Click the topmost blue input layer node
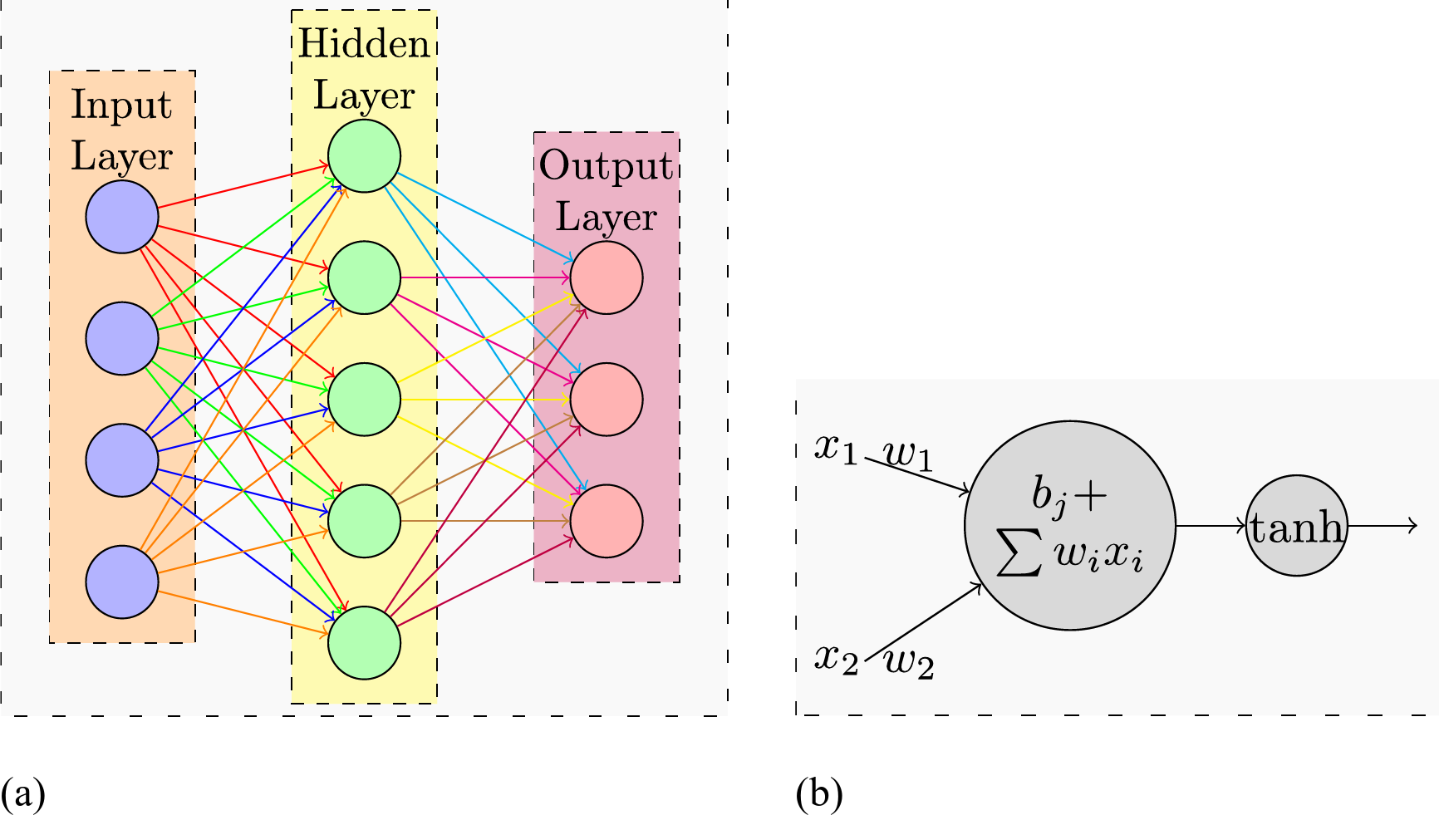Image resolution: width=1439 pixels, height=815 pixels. coord(122,217)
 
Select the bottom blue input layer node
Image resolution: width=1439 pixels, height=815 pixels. coord(122,582)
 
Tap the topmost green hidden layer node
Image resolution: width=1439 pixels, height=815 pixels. coord(364,156)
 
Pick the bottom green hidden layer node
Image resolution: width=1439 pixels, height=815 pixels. coord(364,643)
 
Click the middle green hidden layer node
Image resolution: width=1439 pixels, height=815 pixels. coord(364,400)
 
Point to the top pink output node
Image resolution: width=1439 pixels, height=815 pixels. coord(607,277)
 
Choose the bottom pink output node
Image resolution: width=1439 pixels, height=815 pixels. coord(607,521)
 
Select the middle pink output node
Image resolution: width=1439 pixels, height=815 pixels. coord(607,400)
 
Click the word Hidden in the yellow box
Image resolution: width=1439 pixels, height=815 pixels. coord(364,43)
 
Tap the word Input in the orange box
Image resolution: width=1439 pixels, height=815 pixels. coord(121,106)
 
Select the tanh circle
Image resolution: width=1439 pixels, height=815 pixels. coord(1296,526)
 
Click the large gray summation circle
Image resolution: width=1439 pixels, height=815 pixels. coord(1069,526)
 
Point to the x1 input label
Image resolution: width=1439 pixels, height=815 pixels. coord(835,449)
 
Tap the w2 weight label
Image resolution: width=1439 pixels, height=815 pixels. coord(909,662)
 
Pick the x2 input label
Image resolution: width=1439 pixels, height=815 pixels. coord(835,659)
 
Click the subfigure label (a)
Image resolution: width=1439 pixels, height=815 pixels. coord(22,793)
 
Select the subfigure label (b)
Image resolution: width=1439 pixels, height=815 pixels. coord(819,793)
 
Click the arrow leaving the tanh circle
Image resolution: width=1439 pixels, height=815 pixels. coord(1383,526)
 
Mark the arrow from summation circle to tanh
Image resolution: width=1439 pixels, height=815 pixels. coord(1211,526)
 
